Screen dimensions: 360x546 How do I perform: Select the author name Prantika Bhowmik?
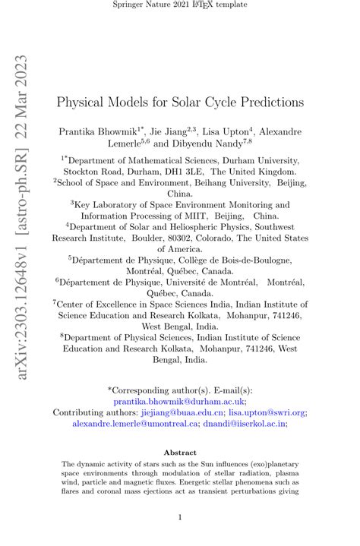pos(99,131)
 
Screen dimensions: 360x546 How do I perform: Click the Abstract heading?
pos(180,452)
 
